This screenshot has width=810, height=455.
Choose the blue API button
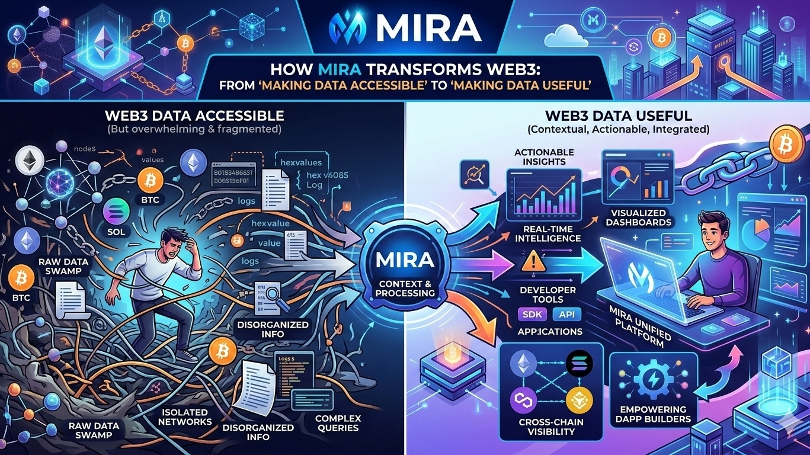point(566,315)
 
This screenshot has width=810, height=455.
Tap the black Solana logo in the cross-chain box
point(579,363)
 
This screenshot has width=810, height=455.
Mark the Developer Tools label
point(548,294)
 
